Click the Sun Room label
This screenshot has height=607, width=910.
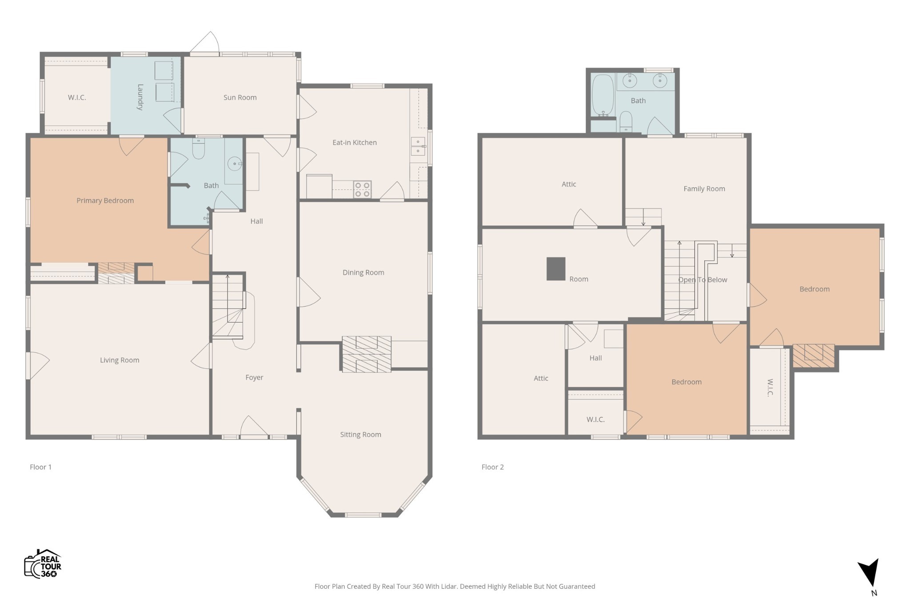coord(240,97)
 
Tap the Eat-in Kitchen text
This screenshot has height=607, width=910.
coord(355,142)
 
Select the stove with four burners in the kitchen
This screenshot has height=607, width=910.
coord(363,189)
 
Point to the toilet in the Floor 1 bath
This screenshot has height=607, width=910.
coord(198,149)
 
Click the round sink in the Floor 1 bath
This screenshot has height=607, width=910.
coord(235,164)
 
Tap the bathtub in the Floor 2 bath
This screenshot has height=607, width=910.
coord(603,96)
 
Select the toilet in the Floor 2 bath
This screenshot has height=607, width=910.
coord(626,121)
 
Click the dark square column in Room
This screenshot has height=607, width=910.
coord(556,269)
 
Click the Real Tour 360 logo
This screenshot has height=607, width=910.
coord(43,564)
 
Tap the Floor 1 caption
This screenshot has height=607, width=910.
coord(40,467)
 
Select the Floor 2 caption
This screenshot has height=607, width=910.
coord(493,467)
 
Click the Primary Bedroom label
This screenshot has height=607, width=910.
coord(105,200)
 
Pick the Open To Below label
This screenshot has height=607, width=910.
coord(702,280)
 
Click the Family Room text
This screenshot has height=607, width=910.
coord(704,188)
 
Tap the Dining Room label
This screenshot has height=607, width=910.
coord(363,272)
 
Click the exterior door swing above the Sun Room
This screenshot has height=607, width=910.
coord(205,42)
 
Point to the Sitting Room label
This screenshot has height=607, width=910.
coord(361,435)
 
